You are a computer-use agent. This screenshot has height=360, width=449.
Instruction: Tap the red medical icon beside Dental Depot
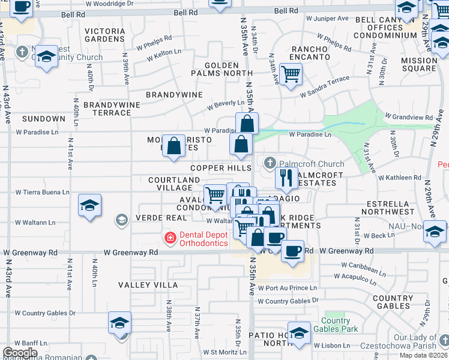click(170, 238)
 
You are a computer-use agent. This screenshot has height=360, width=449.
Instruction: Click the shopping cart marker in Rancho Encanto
click(291, 75)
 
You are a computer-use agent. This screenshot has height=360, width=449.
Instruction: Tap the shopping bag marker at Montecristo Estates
click(174, 146)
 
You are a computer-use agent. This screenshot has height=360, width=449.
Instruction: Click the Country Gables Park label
click(339, 325)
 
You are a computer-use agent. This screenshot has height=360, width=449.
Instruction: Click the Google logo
click(20, 352)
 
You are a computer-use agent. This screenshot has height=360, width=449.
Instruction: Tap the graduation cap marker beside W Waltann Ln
click(89, 206)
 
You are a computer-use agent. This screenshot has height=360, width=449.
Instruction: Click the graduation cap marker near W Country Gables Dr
click(119, 323)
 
